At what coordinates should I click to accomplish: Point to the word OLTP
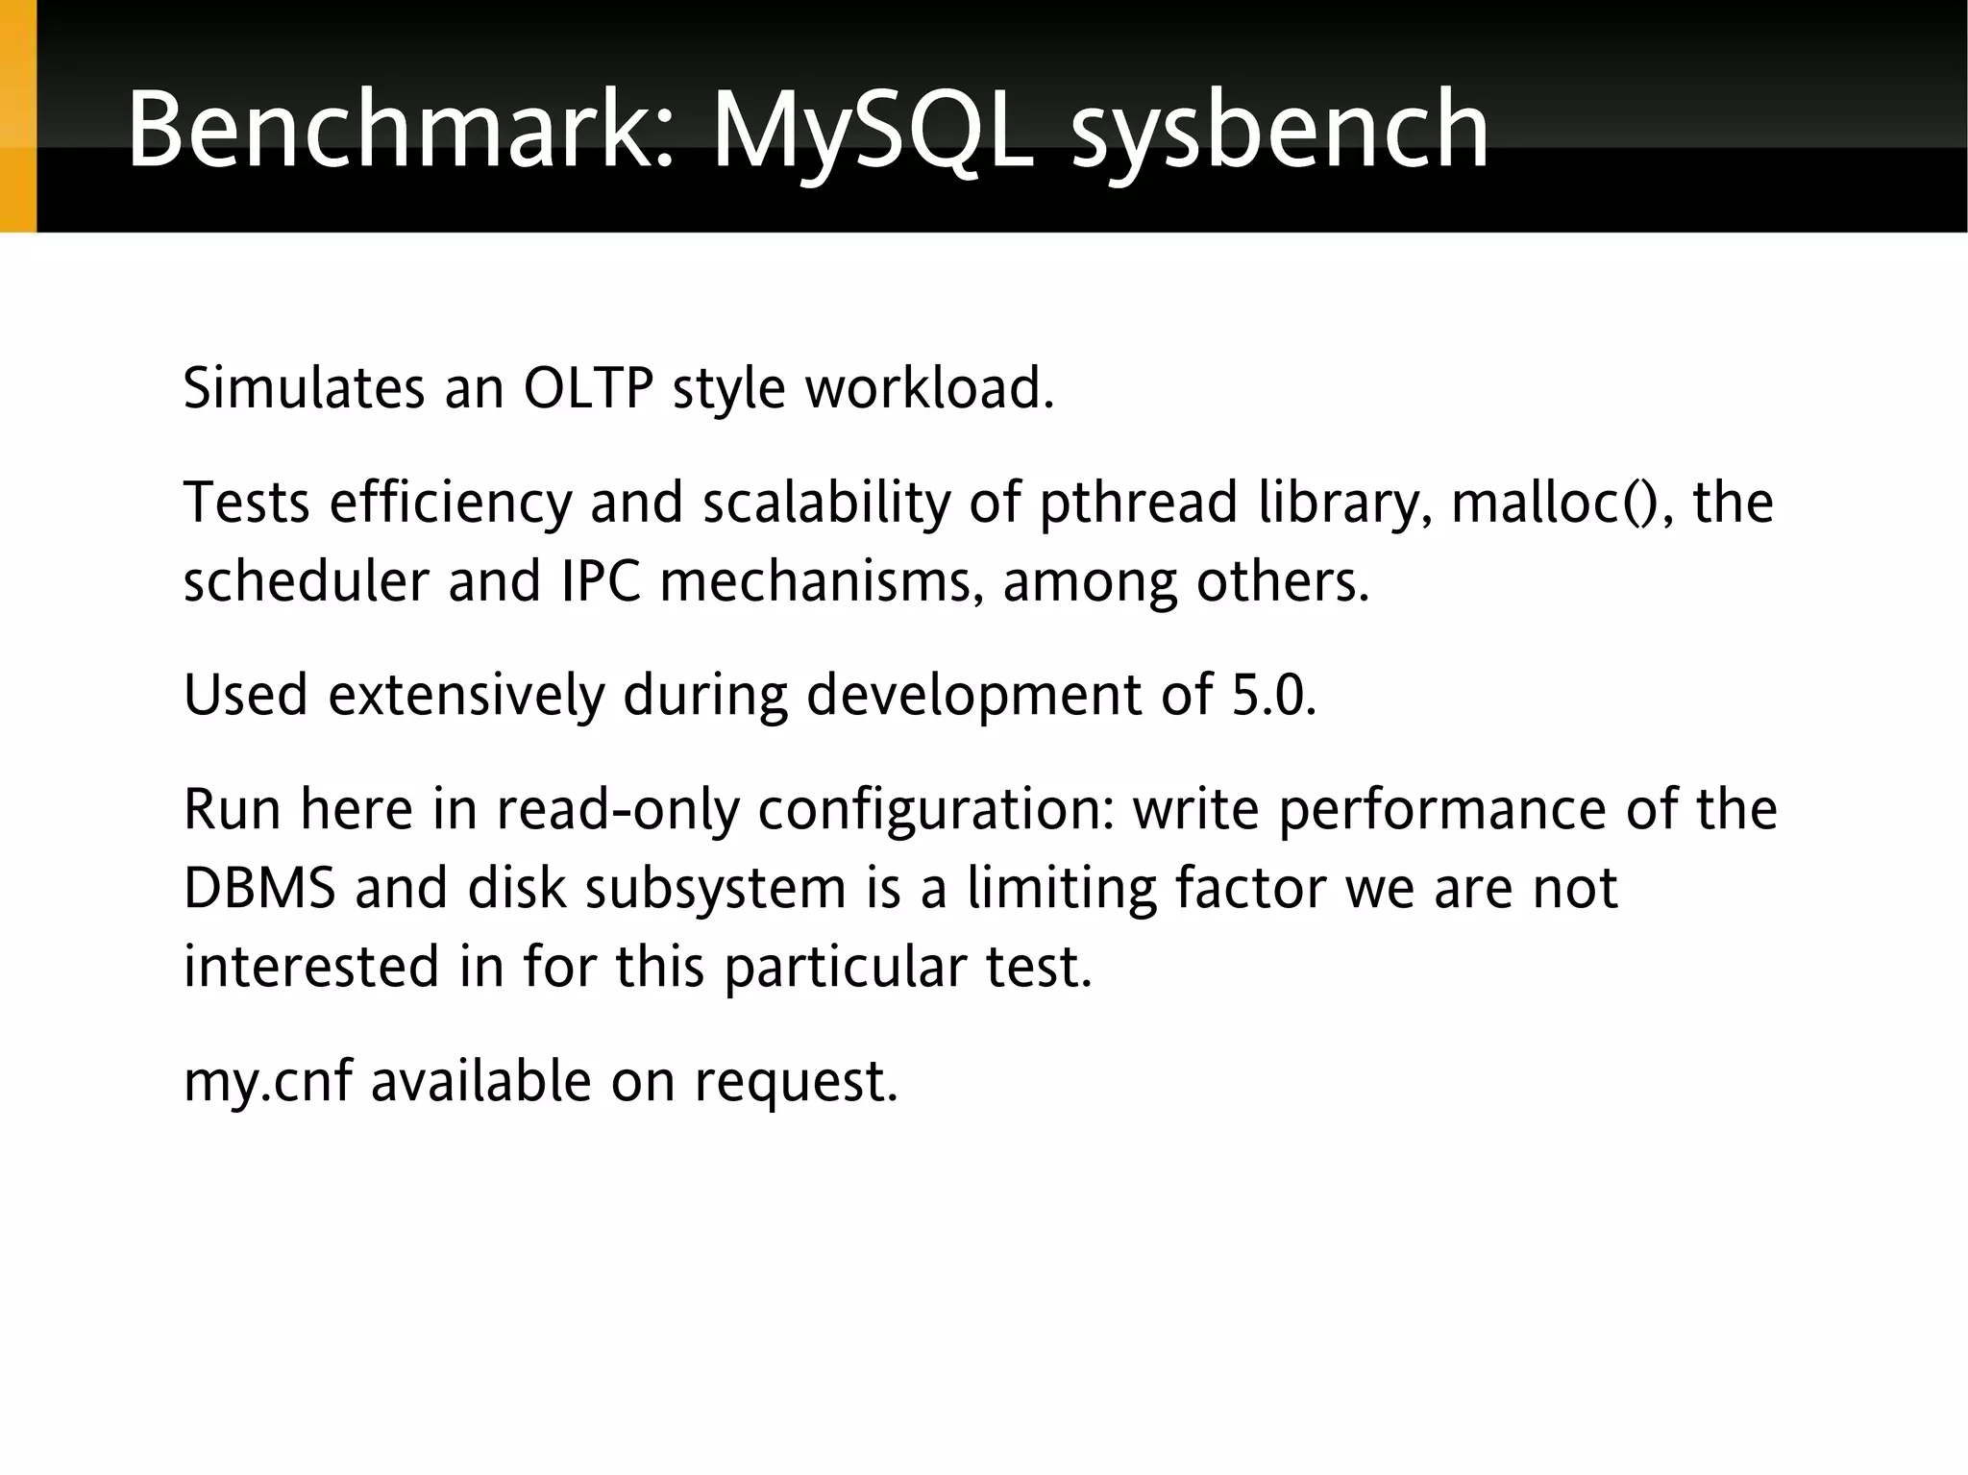[x=588, y=388]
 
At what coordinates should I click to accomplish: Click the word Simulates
[x=304, y=388]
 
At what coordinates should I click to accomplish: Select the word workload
[x=929, y=388]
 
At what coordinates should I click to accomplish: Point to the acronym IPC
[x=601, y=582]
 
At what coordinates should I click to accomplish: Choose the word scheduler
[x=306, y=582]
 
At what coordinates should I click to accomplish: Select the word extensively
[x=467, y=695]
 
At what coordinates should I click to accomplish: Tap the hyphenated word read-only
[x=618, y=810]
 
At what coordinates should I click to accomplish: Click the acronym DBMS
[x=259, y=888]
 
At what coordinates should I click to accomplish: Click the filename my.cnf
[x=267, y=1082]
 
